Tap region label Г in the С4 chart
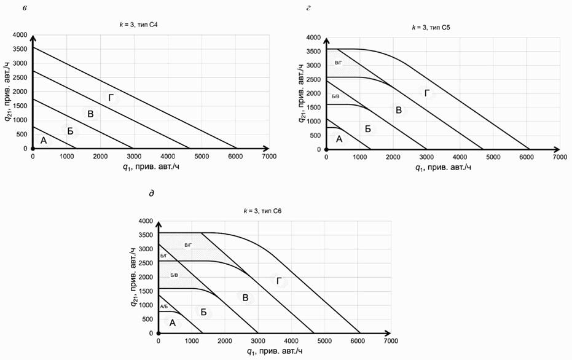[x=111, y=98]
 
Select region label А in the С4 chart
[x=44, y=141]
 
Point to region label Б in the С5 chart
[x=368, y=129]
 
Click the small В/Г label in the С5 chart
[x=338, y=63]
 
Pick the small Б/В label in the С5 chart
[x=335, y=96]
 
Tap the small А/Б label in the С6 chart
[x=164, y=305]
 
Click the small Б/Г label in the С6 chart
[x=163, y=256]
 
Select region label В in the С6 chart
[x=245, y=297]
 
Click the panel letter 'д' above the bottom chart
[x=151, y=194]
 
